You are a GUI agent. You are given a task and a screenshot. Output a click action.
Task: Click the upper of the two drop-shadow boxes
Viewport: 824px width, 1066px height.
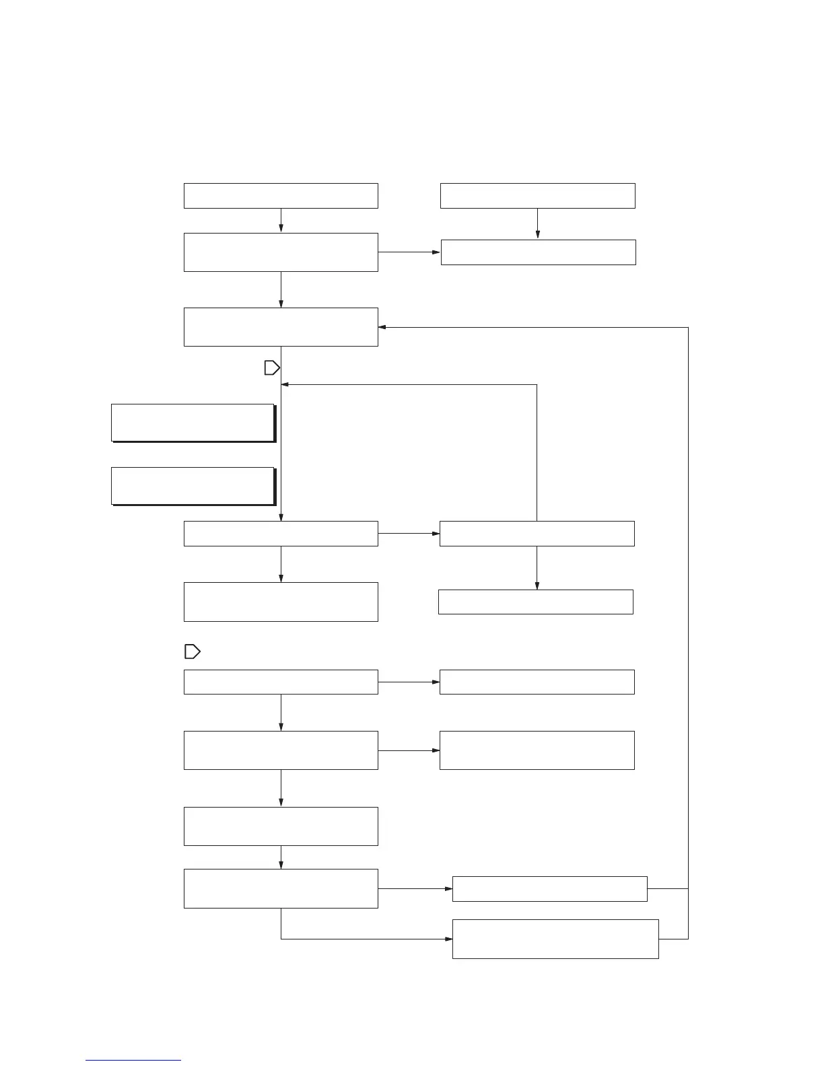pos(193,422)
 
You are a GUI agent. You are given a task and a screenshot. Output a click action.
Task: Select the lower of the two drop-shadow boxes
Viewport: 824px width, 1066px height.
pos(193,485)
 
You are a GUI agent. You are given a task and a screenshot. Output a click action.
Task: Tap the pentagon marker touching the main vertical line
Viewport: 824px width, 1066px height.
pos(271,367)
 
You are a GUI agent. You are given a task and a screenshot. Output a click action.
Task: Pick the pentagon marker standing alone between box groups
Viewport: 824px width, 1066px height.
pos(192,651)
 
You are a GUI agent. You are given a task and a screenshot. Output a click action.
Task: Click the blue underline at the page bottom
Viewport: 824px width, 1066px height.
pos(133,1060)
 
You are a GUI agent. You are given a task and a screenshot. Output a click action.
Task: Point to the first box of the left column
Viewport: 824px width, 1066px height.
pos(281,195)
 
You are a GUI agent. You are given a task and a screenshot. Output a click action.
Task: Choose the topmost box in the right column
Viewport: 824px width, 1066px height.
pos(537,195)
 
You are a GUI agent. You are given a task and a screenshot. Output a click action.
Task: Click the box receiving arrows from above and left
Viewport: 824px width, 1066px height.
pos(538,252)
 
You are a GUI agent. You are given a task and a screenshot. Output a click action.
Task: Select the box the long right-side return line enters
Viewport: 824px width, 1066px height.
pos(281,327)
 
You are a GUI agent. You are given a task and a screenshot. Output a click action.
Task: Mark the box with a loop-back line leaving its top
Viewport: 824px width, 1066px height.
pos(537,533)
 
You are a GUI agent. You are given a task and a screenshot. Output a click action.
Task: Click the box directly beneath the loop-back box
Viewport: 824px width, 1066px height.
pos(535,602)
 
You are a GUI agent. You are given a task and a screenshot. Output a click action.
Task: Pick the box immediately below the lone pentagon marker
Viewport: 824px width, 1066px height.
pos(281,682)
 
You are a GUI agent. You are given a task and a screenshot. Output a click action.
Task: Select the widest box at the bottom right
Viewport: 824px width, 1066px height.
pos(555,939)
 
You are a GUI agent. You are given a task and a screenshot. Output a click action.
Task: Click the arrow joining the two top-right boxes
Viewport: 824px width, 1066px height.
pos(537,224)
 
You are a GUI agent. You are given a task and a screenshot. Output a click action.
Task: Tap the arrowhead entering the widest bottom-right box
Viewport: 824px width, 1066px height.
pos(448,939)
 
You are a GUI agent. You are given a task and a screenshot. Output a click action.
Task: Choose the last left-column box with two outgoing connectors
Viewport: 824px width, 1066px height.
pos(281,888)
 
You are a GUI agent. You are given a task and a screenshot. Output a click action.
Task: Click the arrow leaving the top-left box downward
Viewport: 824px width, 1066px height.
pos(281,221)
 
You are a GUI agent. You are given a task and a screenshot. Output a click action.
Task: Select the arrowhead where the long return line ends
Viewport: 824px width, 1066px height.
pos(382,327)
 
